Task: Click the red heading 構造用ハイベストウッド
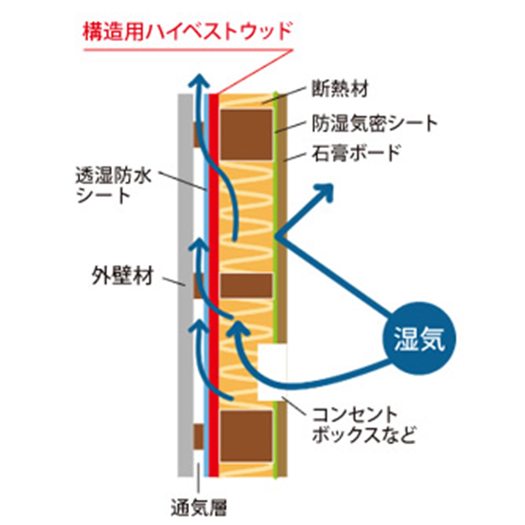coord(188,31)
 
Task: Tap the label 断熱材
coord(340,89)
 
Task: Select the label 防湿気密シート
coord(375,123)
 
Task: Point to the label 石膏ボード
coord(356,153)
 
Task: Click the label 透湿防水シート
coord(114,185)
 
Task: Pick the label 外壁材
coord(122,276)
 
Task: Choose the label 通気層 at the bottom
coord(199,508)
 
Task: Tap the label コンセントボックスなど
coord(364,426)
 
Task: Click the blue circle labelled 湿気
coord(419,339)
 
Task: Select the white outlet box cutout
coord(272,371)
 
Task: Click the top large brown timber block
coord(246,135)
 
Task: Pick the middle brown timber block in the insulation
coord(246,285)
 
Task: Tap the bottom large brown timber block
coord(246,436)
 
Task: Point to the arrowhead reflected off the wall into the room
coord(323,193)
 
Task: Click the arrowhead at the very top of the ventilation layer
coord(199,81)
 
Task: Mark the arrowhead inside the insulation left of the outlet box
coord(237,328)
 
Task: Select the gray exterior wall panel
coord(185,285)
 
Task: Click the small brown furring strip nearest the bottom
coord(199,436)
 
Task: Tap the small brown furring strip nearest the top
coord(199,135)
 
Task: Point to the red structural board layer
coord(214,285)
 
